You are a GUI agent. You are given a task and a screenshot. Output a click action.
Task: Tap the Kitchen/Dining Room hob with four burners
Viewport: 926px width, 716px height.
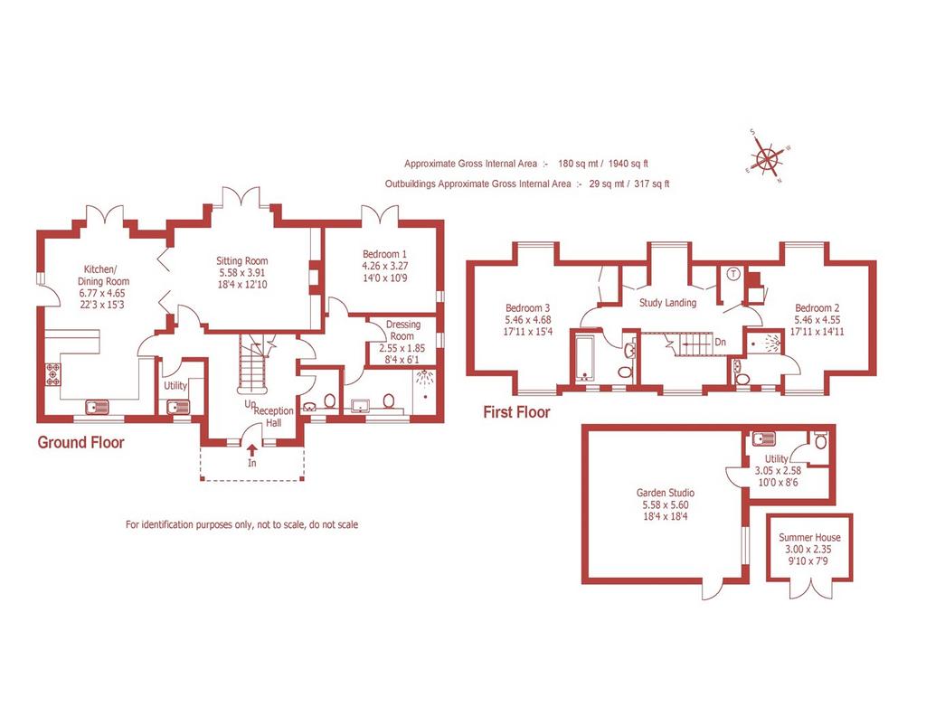click(x=53, y=374)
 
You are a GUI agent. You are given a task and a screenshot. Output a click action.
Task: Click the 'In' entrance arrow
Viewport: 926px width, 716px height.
click(x=252, y=450)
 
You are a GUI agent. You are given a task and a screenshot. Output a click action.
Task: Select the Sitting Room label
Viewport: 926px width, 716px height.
click(x=241, y=260)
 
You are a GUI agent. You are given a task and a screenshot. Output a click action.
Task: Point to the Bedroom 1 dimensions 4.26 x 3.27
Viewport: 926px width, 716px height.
click(x=384, y=266)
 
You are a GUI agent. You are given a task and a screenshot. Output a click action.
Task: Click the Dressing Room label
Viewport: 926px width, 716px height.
click(x=402, y=330)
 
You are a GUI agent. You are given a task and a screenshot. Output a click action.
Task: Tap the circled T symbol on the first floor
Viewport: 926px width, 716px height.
click(x=733, y=274)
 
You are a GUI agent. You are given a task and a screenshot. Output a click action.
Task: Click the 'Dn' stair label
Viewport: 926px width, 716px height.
click(x=721, y=342)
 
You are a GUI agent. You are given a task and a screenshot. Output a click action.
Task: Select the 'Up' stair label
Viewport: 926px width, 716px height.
click(x=250, y=404)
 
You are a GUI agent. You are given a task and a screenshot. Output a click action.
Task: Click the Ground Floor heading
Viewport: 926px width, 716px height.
click(x=80, y=442)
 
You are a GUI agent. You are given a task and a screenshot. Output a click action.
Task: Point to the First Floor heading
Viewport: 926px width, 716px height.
click(x=516, y=412)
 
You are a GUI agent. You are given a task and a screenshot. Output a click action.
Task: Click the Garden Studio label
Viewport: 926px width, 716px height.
click(x=665, y=493)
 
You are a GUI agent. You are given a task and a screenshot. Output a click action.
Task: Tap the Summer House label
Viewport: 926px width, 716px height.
click(x=809, y=537)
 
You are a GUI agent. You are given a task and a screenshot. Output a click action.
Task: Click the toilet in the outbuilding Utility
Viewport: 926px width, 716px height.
click(x=821, y=439)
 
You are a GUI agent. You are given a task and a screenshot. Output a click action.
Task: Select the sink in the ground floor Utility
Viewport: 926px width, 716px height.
click(x=178, y=408)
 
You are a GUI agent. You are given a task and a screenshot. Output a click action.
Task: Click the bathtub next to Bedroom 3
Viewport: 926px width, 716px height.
click(x=585, y=357)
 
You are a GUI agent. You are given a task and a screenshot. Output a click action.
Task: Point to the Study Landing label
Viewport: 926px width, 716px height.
click(x=667, y=303)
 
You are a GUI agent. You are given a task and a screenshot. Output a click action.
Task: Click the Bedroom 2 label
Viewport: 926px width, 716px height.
click(x=817, y=307)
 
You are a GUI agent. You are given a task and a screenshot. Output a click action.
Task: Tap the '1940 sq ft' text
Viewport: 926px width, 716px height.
click(x=628, y=164)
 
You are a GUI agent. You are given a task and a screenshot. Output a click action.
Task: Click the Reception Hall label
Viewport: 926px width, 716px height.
click(x=273, y=417)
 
